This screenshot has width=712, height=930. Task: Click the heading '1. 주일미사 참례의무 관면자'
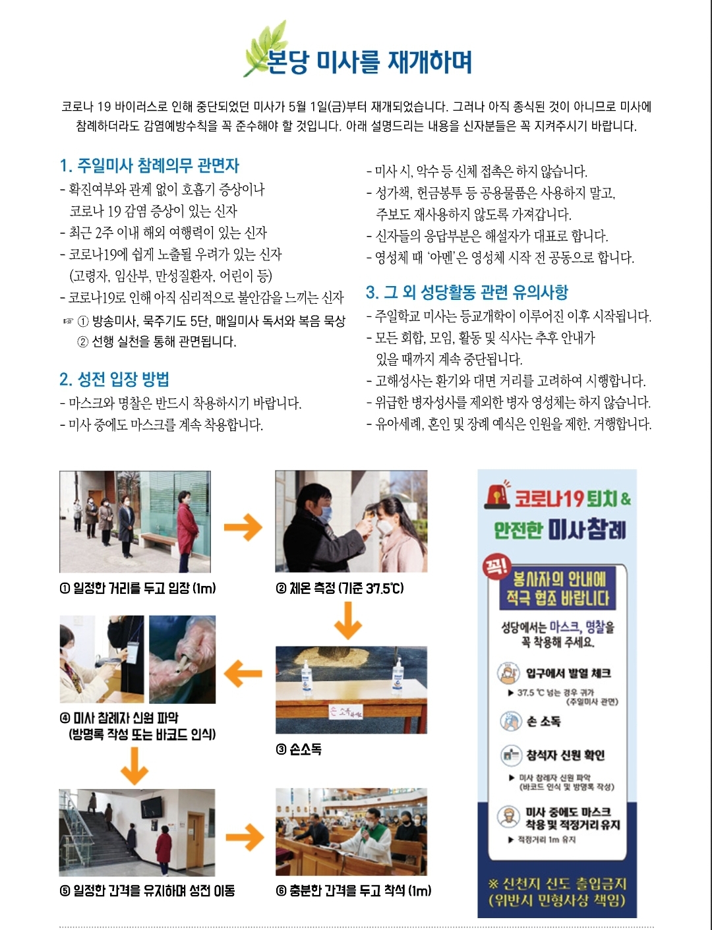coord(149,165)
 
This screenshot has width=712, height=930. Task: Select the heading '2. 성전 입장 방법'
coord(114,379)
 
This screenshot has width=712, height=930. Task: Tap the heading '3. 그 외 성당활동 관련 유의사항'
coord(467,292)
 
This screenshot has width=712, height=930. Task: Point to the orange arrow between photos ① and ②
coord(243,527)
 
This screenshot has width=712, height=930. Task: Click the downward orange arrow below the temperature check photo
coord(347,620)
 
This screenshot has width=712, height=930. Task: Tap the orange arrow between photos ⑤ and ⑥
coord(244,837)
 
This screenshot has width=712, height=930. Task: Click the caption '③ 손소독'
coord(299,749)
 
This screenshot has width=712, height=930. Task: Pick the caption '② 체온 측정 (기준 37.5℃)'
coord(340,588)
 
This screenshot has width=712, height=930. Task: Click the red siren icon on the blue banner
coord(498,495)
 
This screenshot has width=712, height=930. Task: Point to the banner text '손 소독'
coord(543,722)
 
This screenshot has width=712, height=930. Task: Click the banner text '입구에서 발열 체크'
coord(568,673)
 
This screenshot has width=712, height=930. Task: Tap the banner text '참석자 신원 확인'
coord(565,755)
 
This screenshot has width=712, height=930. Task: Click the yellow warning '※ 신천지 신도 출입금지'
coord(557,884)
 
